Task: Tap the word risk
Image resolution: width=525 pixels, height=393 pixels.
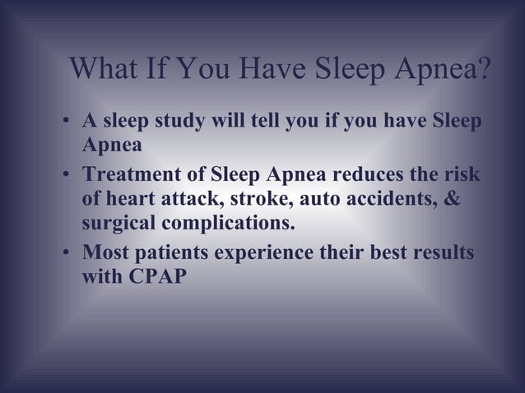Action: coord(461,176)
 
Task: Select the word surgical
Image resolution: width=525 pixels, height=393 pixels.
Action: coord(118,225)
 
